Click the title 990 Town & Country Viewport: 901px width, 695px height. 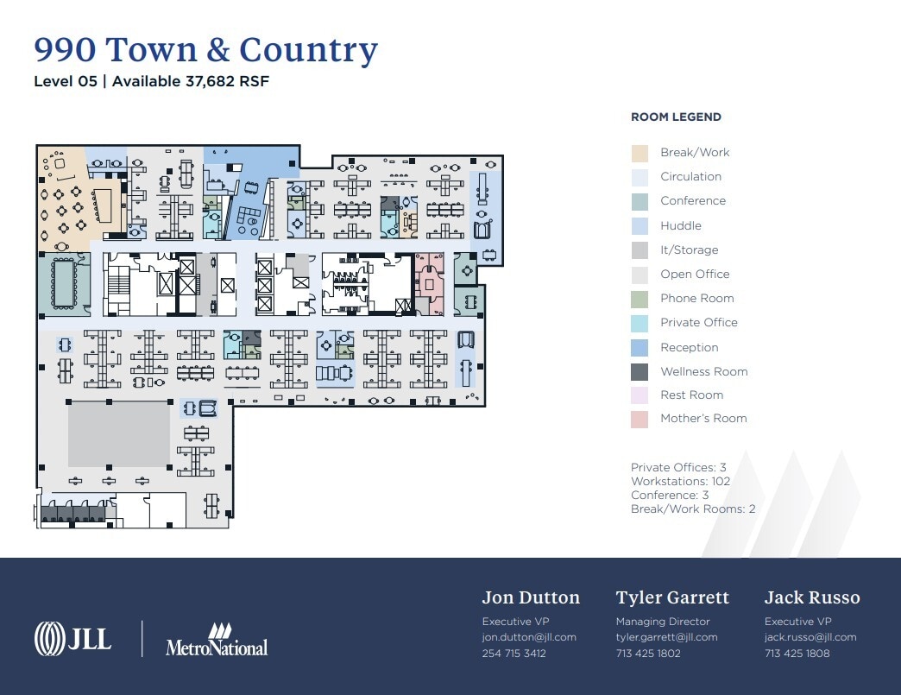(x=205, y=50)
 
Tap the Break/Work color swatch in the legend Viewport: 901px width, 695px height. (x=640, y=153)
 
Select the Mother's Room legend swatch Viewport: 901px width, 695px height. (x=640, y=419)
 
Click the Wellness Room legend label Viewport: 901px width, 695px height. (x=703, y=371)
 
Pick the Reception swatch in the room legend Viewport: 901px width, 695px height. (x=640, y=347)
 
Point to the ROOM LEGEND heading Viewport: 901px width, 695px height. (x=676, y=117)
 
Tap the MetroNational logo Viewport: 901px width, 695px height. (x=217, y=639)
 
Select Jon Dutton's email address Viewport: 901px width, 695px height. (x=528, y=637)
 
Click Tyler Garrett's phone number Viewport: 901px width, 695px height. (x=648, y=654)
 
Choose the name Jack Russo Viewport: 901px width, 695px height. (x=811, y=597)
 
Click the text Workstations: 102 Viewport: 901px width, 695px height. (x=680, y=481)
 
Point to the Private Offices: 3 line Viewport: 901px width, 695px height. (x=678, y=467)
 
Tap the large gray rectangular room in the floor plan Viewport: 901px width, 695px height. (x=119, y=433)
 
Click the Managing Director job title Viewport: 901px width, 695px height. (x=662, y=622)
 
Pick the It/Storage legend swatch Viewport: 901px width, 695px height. (x=640, y=250)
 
